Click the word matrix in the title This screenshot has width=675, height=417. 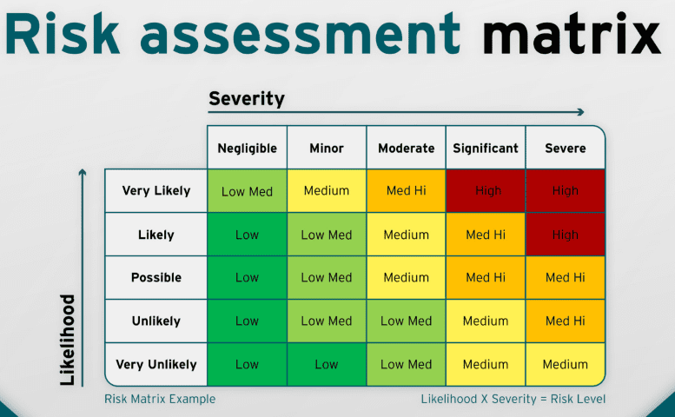pos(572,34)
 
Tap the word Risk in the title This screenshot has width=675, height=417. pos(62,33)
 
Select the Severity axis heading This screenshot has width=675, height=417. pos(247,99)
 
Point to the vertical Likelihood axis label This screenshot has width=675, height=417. pos(68,340)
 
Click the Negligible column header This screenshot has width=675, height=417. pos(247,149)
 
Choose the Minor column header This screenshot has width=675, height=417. pos(327,149)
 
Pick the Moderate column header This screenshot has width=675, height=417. pos(407,149)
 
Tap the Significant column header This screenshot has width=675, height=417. pos(486,149)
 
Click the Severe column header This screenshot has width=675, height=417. pos(566,149)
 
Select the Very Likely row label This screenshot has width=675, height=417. pos(156,190)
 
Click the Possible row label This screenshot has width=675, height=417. pos(156,278)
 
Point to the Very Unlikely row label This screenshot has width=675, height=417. pos(156,365)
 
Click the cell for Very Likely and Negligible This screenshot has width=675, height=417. pos(247,190)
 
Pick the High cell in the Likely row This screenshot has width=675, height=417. pos(566,235)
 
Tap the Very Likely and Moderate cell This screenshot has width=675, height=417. pos(406,190)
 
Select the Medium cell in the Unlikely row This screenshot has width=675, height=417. pos(486,321)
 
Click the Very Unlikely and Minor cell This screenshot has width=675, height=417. pos(327,365)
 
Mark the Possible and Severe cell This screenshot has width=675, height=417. pos(566,278)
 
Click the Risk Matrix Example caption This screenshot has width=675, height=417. pos(160,399)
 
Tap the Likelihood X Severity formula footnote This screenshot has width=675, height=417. pos(513,399)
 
